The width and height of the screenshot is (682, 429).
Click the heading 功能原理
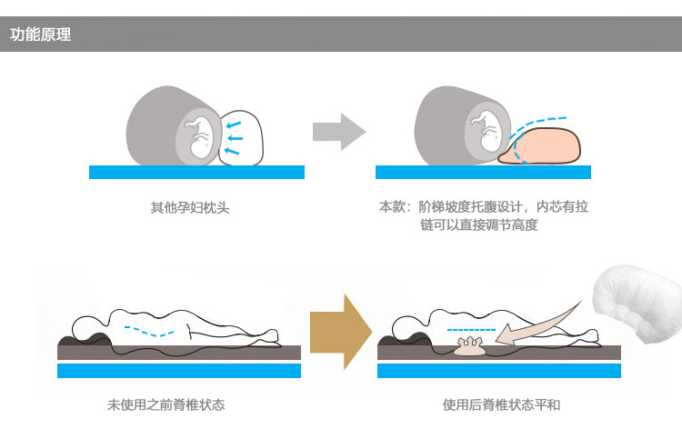tap(40, 35)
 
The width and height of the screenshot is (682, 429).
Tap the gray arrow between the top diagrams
tap(339, 132)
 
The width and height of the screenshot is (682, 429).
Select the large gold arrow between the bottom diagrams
tap(341, 332)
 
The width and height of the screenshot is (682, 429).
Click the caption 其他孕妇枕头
tap(190, 207)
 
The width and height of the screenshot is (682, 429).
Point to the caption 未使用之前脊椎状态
tap(165, 404)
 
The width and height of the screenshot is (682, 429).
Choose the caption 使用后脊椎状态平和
tap(501, 404)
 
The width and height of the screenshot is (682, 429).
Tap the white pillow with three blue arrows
tap(241, 138)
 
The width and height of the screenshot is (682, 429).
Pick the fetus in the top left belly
tap(198, 136)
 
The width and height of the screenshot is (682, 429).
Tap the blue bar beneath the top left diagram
tap(196, 172)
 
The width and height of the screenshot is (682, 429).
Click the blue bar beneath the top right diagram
tap(483, 172)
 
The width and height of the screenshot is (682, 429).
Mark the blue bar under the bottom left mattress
tap(179, 371)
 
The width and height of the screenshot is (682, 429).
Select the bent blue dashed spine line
tap(149, 331)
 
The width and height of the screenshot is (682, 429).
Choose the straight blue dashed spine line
tap(471, 330)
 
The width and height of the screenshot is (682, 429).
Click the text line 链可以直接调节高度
tap(479, 224)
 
